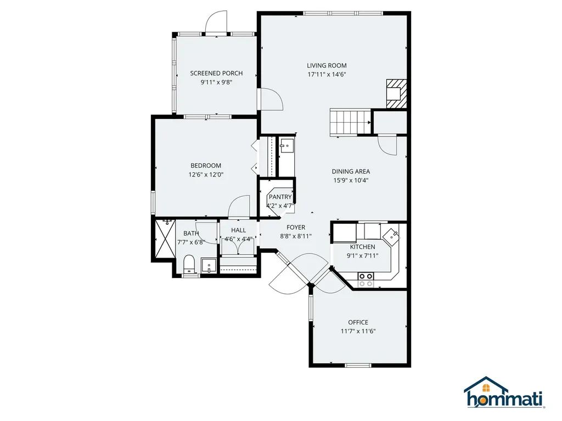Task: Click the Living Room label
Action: (327, 66)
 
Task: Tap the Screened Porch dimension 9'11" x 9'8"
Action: (216, 82)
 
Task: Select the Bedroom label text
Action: (206, 166)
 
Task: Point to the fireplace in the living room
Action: (396, 93)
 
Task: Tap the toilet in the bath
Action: (189, 264)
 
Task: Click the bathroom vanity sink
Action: (209, 266)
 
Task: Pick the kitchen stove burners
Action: (366, 280)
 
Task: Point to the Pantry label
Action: (280, 197)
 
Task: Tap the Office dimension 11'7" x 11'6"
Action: (358, 332)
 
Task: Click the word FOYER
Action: (296, 227)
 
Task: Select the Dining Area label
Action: (351, 172)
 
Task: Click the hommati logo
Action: (504, 392)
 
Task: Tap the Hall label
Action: (238, 230)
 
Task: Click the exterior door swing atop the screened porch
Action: (216, 21)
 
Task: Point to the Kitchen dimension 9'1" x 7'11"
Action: (363, 256)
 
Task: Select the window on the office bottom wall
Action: (358, 365)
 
